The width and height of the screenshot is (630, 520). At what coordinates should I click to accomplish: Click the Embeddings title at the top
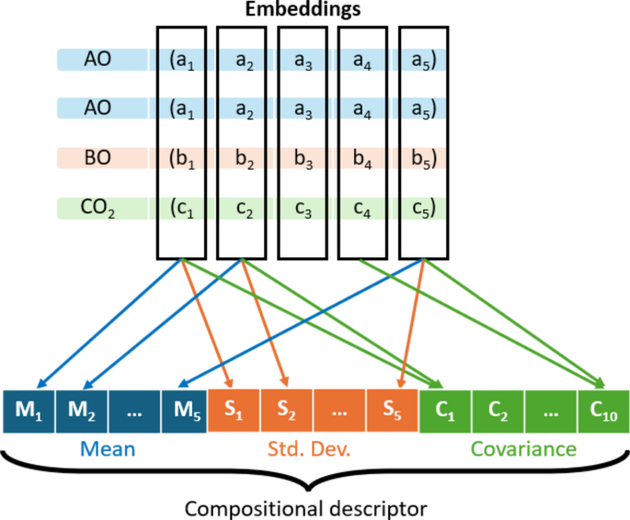pyautogui.click(x=303, y=11)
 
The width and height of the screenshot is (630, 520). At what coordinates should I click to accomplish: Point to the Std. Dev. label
pyautogui.click(x=314, y=449)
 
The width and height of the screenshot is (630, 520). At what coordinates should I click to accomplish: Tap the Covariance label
pyautogui.click(x=522, y=449)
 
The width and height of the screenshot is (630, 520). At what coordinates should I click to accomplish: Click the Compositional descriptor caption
pyautogui.click(x=305, y=506)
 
